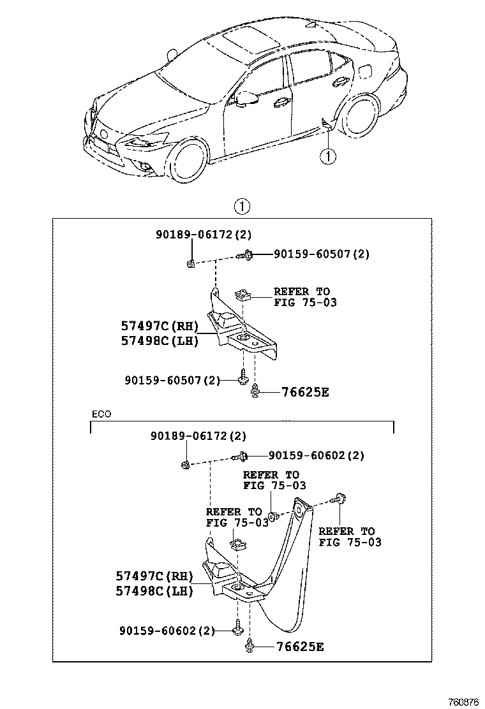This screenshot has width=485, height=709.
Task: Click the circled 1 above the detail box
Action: point(242,207)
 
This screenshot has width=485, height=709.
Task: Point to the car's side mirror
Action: point(246,98)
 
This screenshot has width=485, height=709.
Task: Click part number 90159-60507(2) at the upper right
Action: point(322,254)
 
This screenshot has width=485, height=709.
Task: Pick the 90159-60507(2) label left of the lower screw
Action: point(172,380)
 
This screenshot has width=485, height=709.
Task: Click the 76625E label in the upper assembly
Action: point(306,392)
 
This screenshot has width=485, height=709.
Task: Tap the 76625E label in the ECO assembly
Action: point(301,647)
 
